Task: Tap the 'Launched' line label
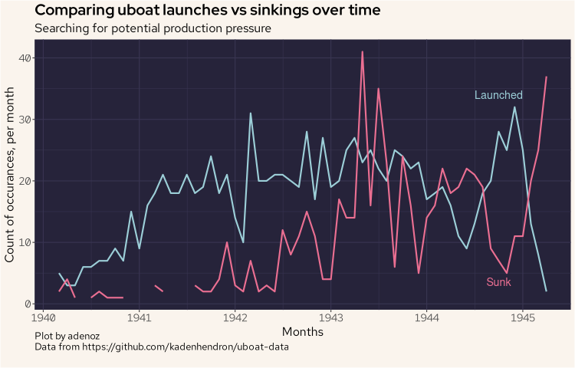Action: tap(498, 95)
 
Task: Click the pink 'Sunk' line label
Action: tap(498, 282)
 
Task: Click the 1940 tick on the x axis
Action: tap(43, 317)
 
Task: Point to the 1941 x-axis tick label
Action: tap(139, 317)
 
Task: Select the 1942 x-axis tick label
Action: tap(235, 317)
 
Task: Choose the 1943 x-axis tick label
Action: tap(330, 317)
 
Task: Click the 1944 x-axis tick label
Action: tap(426, 317)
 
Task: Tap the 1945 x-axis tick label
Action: tap(522, 317)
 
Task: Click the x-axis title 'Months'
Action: tap(302, 332)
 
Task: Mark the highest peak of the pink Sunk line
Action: tap(362, 52)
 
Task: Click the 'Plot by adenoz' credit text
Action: tap(67, 337)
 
